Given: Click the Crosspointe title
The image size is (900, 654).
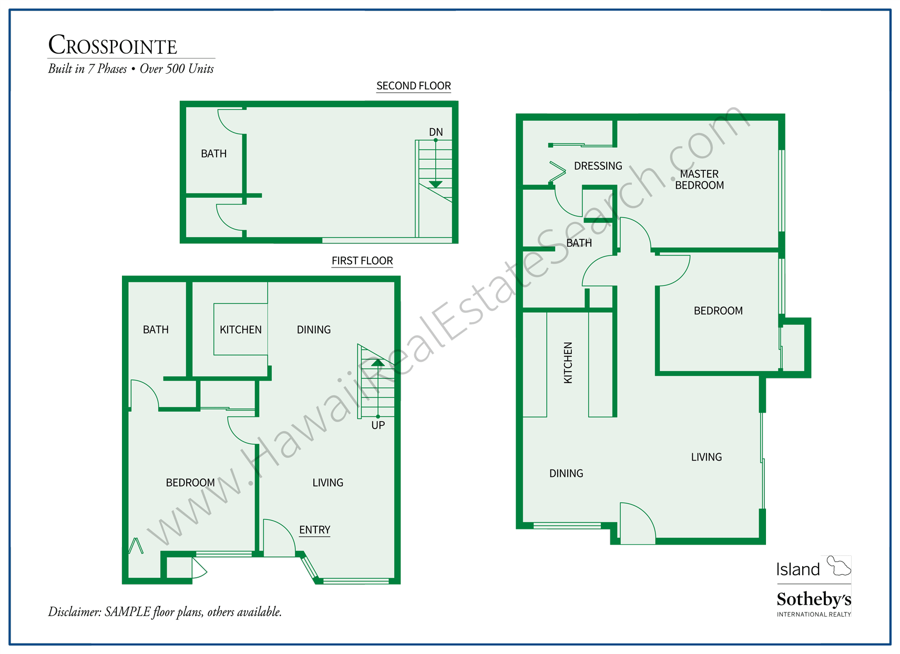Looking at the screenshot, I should (x=112, y=45).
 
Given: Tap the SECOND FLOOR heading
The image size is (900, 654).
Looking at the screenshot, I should (x=414, y=86).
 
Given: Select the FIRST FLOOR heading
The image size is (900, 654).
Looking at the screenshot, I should (x=362, y=261).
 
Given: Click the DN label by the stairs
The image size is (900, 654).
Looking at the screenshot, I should (x=436, y=132).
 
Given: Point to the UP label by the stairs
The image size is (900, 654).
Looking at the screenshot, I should (x=378, y=425).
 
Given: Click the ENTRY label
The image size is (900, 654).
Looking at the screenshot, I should (x=314, y=530).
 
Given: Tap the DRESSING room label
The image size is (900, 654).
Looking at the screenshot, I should (x=598, y=166).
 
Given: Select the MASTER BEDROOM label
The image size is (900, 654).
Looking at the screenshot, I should (x=699, y=179).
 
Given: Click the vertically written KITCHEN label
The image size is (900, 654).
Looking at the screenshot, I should (x=568, y=363).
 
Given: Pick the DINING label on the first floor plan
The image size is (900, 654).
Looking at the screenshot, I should (x=314, y=330).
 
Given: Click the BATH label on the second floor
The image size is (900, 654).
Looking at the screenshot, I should (x=214, y=154).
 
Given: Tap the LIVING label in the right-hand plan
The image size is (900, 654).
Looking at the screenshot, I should (x=706, y=457).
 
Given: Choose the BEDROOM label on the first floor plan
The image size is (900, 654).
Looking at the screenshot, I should (x=190, y=483).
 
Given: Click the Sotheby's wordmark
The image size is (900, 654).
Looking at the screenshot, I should (x=813, y=599).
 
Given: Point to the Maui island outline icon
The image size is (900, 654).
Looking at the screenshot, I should (x=838, y=566).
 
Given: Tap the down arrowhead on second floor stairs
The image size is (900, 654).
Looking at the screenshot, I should (x=435, y=184).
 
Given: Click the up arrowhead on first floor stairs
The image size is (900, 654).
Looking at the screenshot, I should (x=377, y=363).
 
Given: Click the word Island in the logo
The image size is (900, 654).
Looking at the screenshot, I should (x=798, y=569).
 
